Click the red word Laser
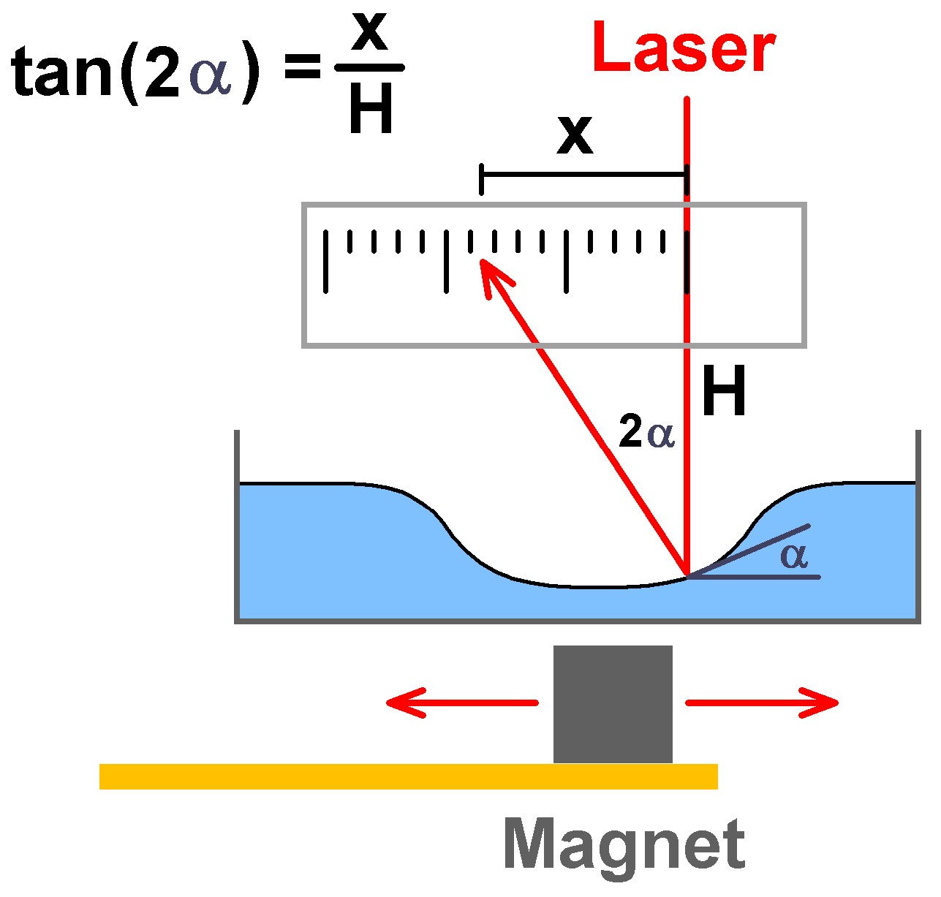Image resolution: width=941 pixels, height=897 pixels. (683, 47)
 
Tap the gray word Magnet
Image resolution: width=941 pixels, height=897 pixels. (624, 845)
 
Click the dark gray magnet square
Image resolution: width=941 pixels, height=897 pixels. (613, 704)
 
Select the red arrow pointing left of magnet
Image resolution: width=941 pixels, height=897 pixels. (462, 703)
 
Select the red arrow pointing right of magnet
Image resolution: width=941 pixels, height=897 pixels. (762, 703)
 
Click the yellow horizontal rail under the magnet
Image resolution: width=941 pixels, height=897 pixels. (408, 776)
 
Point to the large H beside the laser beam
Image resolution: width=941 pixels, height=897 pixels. (724, 390)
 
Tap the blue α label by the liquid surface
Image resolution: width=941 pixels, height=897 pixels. (793, 556)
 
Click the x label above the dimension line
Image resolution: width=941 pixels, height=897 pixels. (575, 136)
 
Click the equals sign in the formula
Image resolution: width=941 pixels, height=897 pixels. (302, 66)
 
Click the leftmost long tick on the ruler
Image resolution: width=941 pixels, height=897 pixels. (326, 261)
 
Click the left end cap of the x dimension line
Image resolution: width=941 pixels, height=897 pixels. (482, 179)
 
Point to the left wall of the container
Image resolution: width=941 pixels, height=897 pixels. (236, 526)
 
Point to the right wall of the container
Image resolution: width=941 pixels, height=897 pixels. (918, 526)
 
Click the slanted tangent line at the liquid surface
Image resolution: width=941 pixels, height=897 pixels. (748, 550)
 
